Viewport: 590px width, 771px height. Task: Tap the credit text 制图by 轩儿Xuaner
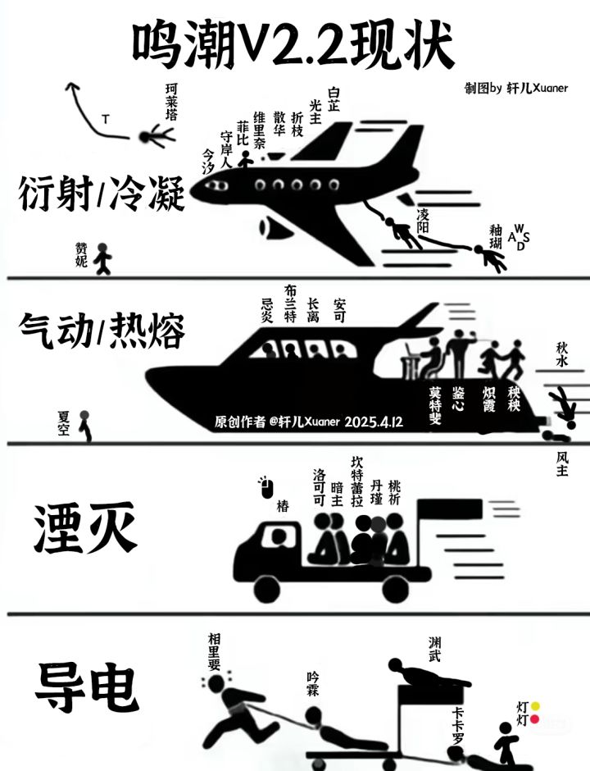point(516,89)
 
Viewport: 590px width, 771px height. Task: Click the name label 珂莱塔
point(171,102)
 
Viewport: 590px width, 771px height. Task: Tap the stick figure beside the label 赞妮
point(102,258)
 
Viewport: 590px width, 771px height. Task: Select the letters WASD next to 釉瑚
point(520,236)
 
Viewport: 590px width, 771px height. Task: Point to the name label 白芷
point(334,99)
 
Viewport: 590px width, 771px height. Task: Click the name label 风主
point(562,464)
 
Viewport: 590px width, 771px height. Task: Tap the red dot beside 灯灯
point(536,720)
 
